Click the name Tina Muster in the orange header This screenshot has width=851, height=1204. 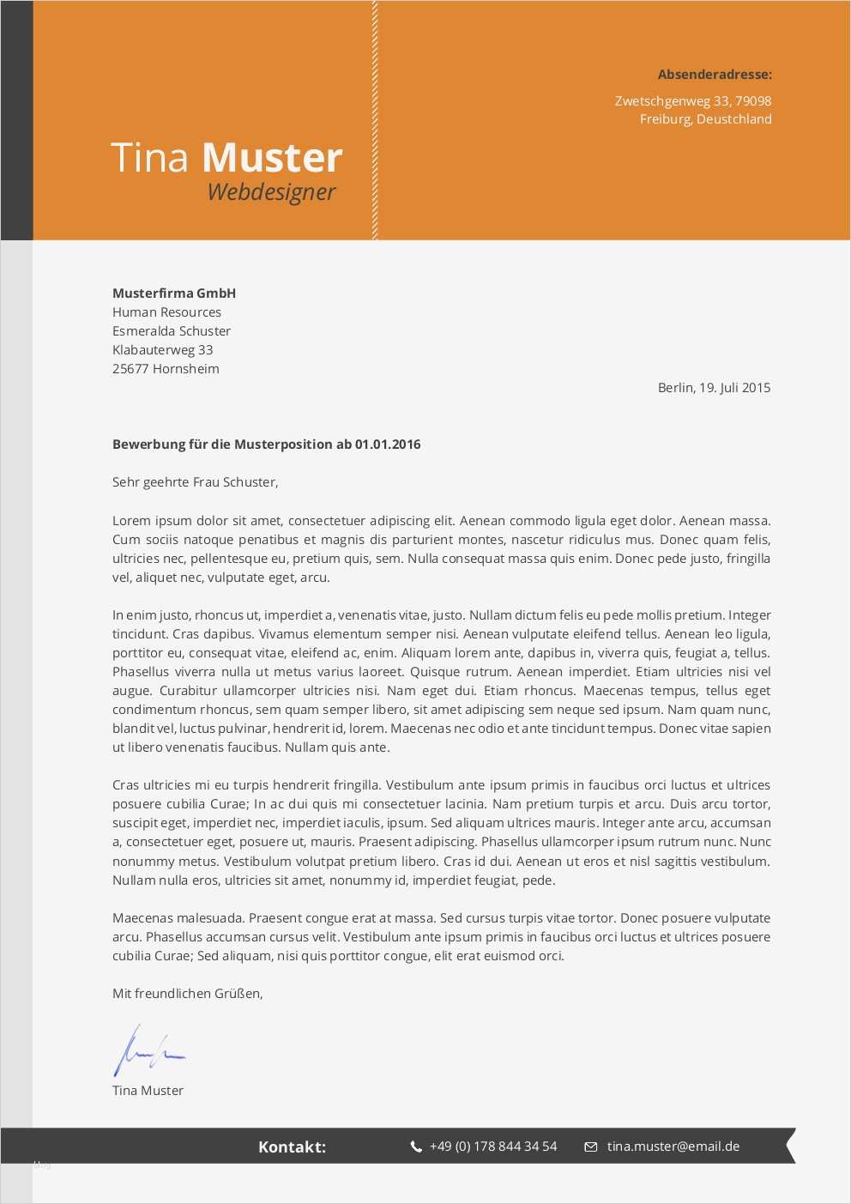click(226, 158)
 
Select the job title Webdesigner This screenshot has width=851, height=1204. click(271, 192)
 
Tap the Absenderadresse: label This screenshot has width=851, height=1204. click(715, 75)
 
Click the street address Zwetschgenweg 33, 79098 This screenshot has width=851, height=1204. click(692, 100)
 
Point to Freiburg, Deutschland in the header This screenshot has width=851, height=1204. click(705, 119)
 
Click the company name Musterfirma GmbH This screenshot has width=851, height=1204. click(174, 293)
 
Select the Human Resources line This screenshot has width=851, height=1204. click(166, 312)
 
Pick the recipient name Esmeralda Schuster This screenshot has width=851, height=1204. click(172, 331)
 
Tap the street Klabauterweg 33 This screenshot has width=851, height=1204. click(162, 350)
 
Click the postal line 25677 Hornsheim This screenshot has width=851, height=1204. click(166, 369)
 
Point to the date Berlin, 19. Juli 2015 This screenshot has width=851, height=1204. click(714, 388)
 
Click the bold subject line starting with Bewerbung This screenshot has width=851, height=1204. click(266, 445)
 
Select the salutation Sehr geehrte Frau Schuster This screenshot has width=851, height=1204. click(195, 482)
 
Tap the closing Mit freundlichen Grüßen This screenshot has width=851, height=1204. click(187, 994)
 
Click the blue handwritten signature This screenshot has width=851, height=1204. click(148, 1051)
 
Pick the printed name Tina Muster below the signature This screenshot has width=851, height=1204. click(148, 1091)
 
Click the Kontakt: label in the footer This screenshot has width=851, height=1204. click(292, 1147)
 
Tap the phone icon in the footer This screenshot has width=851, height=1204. click(416, 1147)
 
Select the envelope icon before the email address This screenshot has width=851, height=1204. click(591, 1147)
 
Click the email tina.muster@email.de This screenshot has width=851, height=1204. click(673, 1147)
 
